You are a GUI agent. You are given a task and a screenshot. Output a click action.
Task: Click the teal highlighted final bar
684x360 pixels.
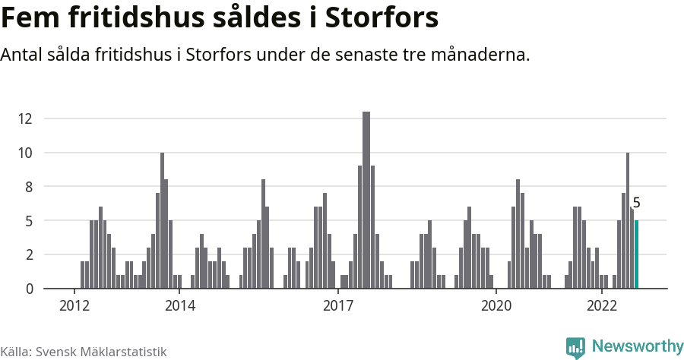pyautogui.click(x=637, y=254)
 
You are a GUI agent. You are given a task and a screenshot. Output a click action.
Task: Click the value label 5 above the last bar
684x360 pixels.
pyautogui.click(x=637, y=203)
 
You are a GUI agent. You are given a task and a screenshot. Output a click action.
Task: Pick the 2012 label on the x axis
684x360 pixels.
pyautogui.click(x=74, y=306)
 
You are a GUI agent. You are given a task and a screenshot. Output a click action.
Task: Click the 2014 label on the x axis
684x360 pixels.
pyautogui.click(x=179, y=306)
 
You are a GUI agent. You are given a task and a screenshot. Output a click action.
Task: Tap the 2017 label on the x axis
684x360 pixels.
pyautogui.click(x=337, y=306)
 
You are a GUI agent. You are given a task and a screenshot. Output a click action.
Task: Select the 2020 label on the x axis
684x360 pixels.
pyautogui.click(x=496, y=306)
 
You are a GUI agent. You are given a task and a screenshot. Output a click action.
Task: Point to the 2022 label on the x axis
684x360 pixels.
pyautogui.click(x=601, y=306)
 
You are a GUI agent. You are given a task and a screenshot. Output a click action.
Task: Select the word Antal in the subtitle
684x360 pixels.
pyautogui.click(x=23, y=55)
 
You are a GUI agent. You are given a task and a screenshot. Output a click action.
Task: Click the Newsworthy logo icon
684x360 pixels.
pyautogui.click(x=575, y=347)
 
